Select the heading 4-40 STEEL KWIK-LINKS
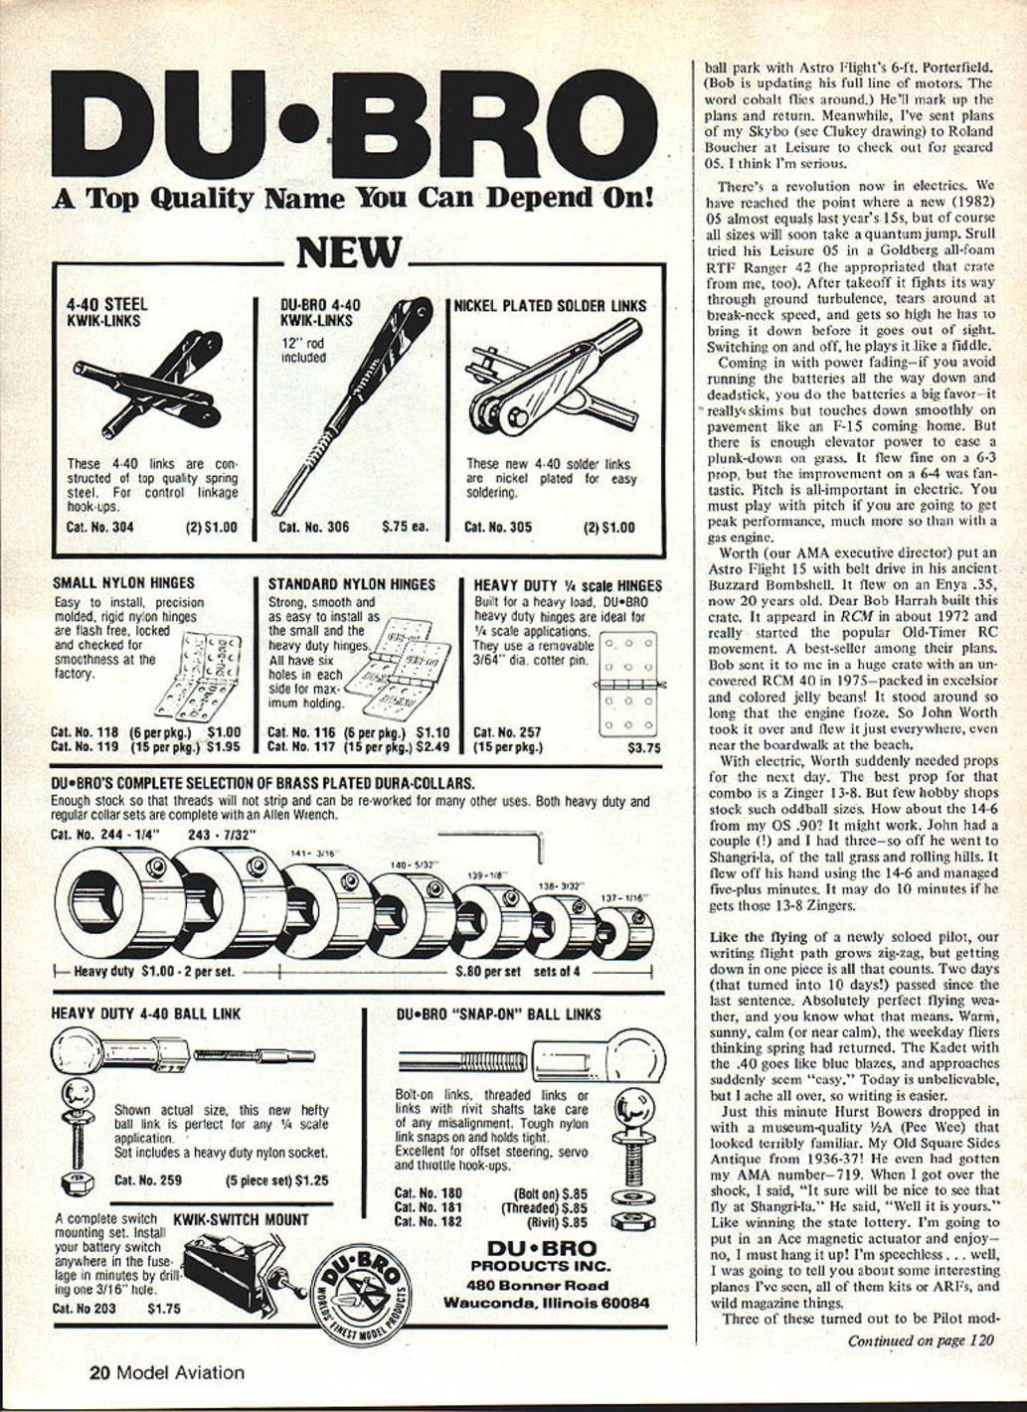(106, 312)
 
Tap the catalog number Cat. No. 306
(313, 527)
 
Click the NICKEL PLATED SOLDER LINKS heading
(550, 306)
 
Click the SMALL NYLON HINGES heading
(123, 583)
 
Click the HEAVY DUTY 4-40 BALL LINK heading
(145, 1015)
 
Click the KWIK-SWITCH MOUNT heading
(241, 1219)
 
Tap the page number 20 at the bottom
(97, 1373)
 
